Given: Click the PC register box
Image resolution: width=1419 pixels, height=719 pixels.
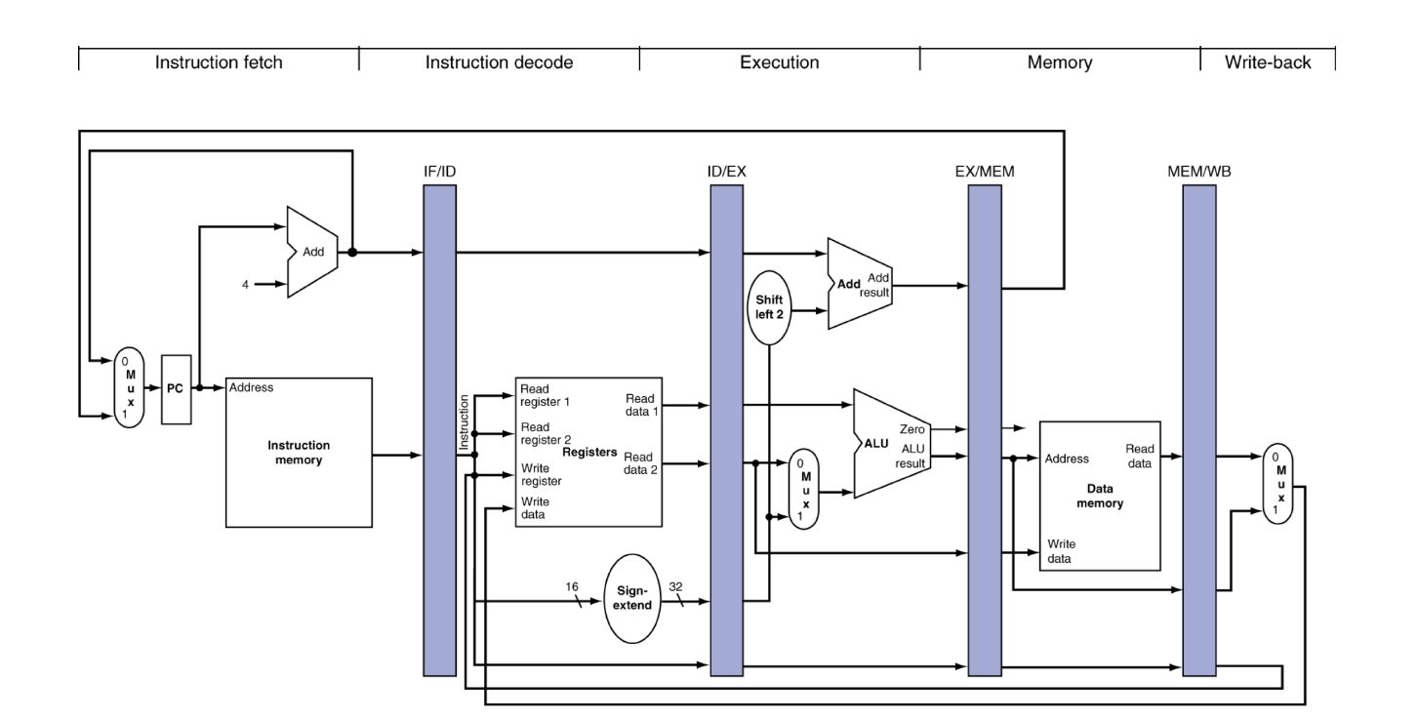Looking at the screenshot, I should click(177, 387).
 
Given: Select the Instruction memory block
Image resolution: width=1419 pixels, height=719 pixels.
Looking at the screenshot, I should click(299, 452).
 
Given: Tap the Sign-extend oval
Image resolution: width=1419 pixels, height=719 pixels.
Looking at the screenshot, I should click(632, 598).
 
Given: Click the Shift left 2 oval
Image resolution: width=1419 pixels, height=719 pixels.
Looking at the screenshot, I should click(770, 305).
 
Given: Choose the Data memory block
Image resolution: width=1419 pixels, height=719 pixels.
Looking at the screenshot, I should click(1099, 496).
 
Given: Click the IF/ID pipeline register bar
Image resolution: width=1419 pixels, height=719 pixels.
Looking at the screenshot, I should click(440, 429).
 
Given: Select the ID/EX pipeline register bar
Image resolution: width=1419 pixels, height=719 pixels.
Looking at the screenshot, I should click(726, 429).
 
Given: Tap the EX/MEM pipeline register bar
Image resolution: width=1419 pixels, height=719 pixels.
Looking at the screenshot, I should click(985, 429).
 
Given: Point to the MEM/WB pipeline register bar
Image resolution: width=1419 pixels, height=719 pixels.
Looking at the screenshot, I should click(1198, 429).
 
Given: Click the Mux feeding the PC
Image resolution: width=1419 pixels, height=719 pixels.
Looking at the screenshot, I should click(129, 387).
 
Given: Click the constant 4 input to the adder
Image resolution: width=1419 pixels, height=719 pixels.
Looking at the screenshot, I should click(247, 285).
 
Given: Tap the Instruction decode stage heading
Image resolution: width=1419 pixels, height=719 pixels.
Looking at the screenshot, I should click(499, 62).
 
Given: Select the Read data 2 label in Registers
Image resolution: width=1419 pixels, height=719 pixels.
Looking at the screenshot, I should click(639, 463).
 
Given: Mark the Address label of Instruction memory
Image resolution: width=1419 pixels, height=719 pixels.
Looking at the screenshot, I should click(251, 387).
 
